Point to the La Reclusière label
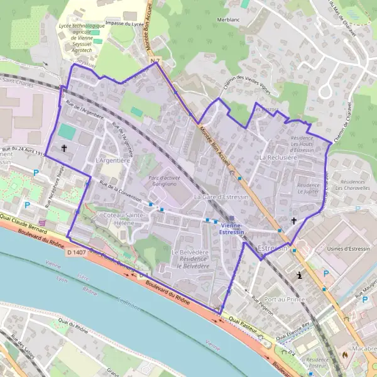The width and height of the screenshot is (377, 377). point(278,157)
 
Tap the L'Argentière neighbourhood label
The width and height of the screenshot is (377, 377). point(112,161)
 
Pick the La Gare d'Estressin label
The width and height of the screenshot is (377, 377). point(222,197)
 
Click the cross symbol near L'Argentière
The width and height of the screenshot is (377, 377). point(64,148)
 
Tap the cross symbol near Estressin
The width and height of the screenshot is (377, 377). point(293,221)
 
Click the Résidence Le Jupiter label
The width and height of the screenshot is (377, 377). point(309,189)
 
